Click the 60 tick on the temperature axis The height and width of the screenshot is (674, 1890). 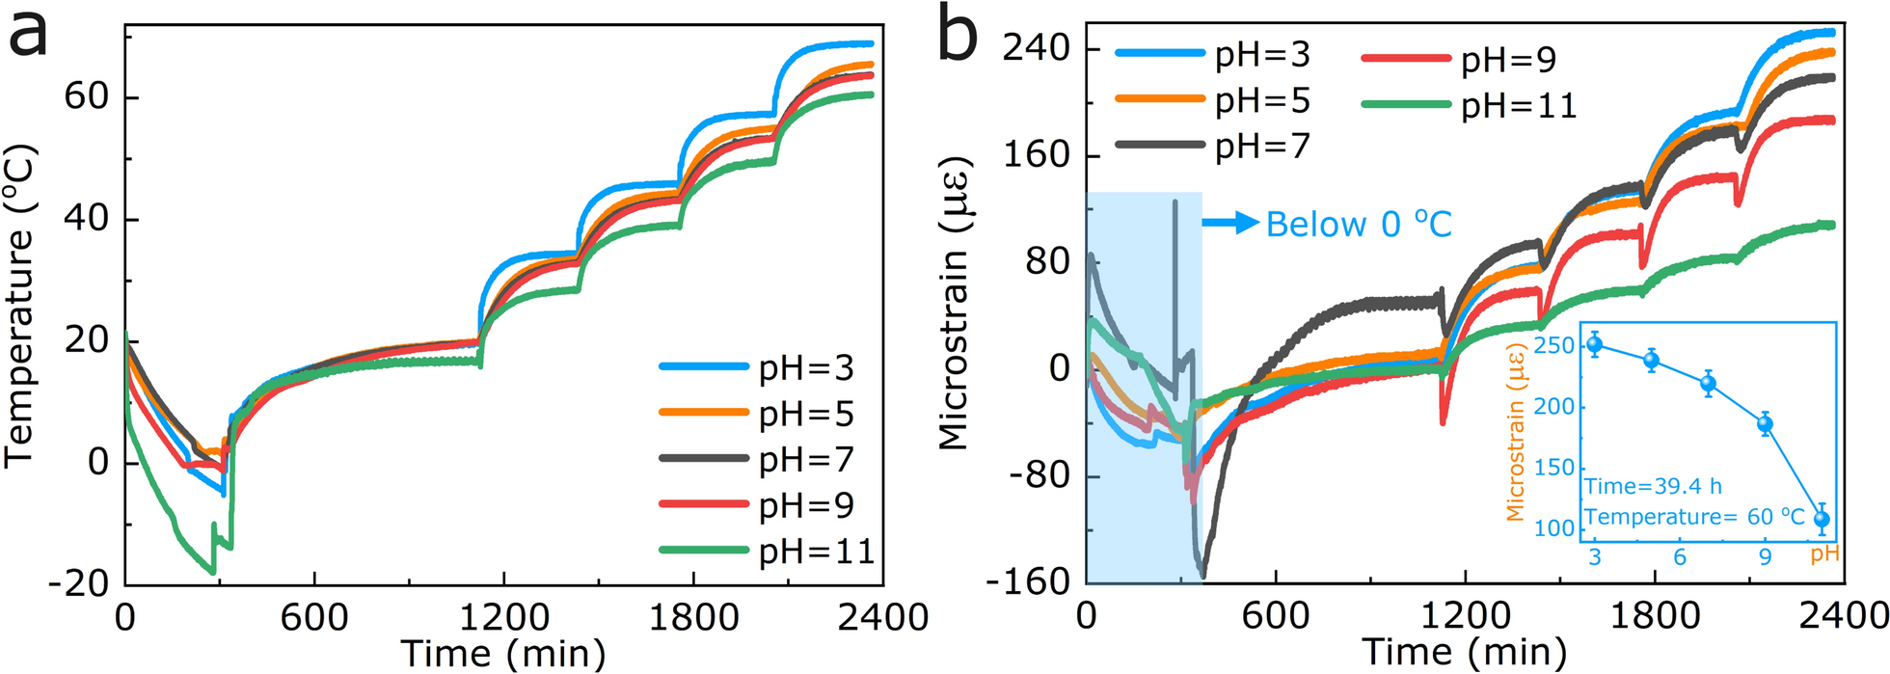87,97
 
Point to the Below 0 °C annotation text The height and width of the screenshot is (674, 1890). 1359,225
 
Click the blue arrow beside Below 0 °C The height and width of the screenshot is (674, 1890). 1230,224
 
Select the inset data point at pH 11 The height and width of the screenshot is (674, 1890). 1822,519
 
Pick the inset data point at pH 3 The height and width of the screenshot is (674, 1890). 1594,344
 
